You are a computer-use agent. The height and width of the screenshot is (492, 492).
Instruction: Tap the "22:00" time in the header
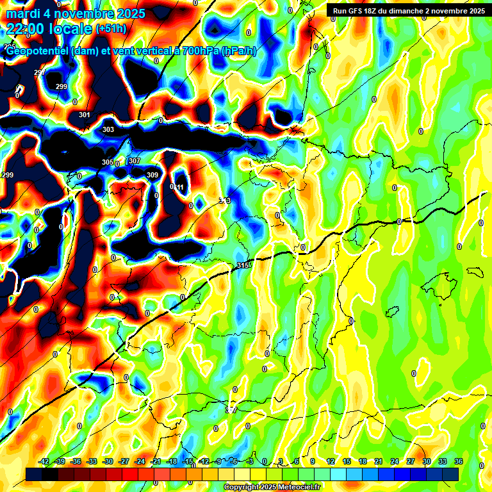[25, 28]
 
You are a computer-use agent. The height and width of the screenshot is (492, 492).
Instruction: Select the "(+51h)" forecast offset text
[111, 29]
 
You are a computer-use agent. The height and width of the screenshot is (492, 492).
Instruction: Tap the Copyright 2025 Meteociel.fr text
[272, 488]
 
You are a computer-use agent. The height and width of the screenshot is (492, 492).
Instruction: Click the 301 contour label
[84, 115]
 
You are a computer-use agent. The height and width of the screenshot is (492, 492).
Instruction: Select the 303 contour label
[108, 130]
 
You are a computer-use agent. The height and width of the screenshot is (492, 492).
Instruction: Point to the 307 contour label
[134, 161]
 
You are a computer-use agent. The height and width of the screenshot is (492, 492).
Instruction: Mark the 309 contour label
[152, 175]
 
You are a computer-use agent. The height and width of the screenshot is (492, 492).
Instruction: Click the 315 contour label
[242, 265]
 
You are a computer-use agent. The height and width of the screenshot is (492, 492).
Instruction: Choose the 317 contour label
[232, 409]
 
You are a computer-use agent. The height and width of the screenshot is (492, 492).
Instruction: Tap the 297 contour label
[39, 72]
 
